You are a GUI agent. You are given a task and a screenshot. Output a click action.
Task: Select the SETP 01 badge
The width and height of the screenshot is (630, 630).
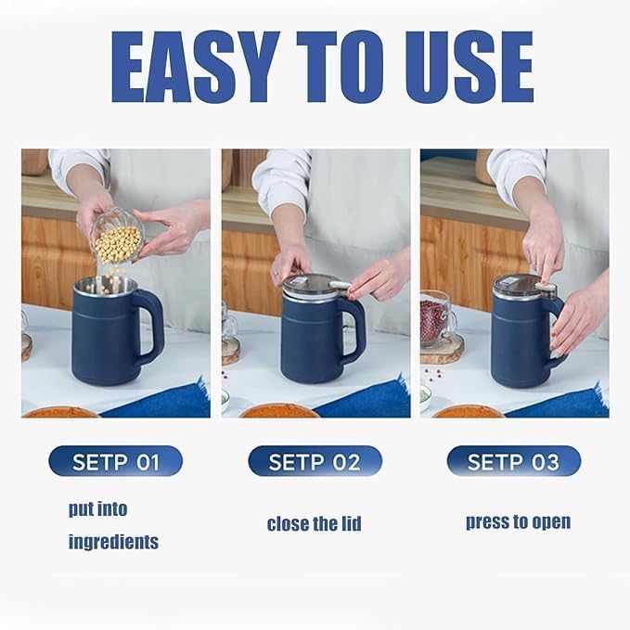115,461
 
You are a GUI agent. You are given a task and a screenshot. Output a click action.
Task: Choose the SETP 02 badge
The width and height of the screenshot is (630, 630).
315,461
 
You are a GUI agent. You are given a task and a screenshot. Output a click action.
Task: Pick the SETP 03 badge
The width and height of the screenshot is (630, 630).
513,461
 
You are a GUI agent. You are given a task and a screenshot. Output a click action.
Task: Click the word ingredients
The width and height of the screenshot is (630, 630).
113,542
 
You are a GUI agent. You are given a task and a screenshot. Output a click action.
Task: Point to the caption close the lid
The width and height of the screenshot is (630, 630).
314,524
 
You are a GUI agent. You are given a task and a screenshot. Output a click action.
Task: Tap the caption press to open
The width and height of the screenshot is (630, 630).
518,521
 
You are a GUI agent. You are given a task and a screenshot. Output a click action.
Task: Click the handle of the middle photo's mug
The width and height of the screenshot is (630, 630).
353,329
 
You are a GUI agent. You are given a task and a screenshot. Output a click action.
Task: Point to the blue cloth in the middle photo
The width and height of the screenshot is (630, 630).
366,399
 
